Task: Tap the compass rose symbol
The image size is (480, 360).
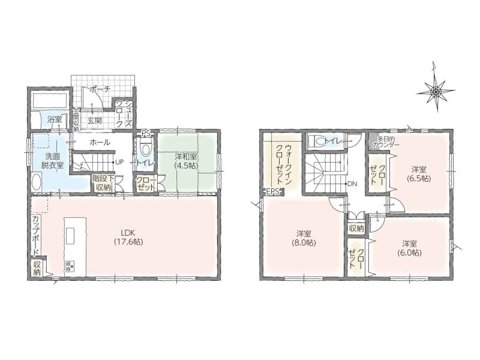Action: tap(436, 91)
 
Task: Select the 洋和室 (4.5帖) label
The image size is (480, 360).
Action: tap(186, 161)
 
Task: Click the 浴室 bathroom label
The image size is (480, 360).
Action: tap(55, 119)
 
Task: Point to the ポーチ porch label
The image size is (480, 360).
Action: tap(100, 89)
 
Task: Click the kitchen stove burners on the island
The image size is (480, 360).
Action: tap(70, 265)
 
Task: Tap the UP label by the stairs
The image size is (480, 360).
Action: tap(119, 162)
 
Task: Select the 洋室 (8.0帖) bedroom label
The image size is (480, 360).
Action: tap(304, 238)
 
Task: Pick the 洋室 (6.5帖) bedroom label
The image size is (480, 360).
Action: tap(419, 173)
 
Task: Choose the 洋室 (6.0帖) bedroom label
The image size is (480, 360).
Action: tap(410, 248)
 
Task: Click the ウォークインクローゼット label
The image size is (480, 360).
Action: tap(284, 164)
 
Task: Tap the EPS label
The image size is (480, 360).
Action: tap(273, 192)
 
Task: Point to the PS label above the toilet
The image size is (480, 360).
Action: tap(145, 133)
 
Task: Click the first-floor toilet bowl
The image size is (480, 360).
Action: tap(146, 148)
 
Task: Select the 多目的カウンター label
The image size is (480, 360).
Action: tap(386, 142)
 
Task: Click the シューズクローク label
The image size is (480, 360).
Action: tap(124, 114)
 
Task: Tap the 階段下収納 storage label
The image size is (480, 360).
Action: tap(103, 183)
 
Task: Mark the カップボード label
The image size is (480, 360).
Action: tap(36, 236)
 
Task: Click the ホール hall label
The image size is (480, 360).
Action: tap(100, 142)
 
